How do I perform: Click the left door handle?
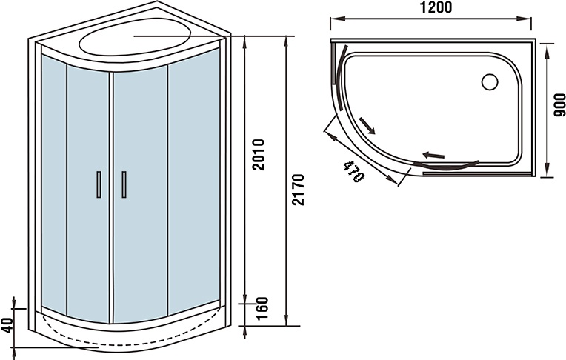pyautogui.click(x=99, y=185)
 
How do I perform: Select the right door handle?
pyautogui.click(x=124, y=185)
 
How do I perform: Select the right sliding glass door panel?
pyautogui.click(x=140, y=185)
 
